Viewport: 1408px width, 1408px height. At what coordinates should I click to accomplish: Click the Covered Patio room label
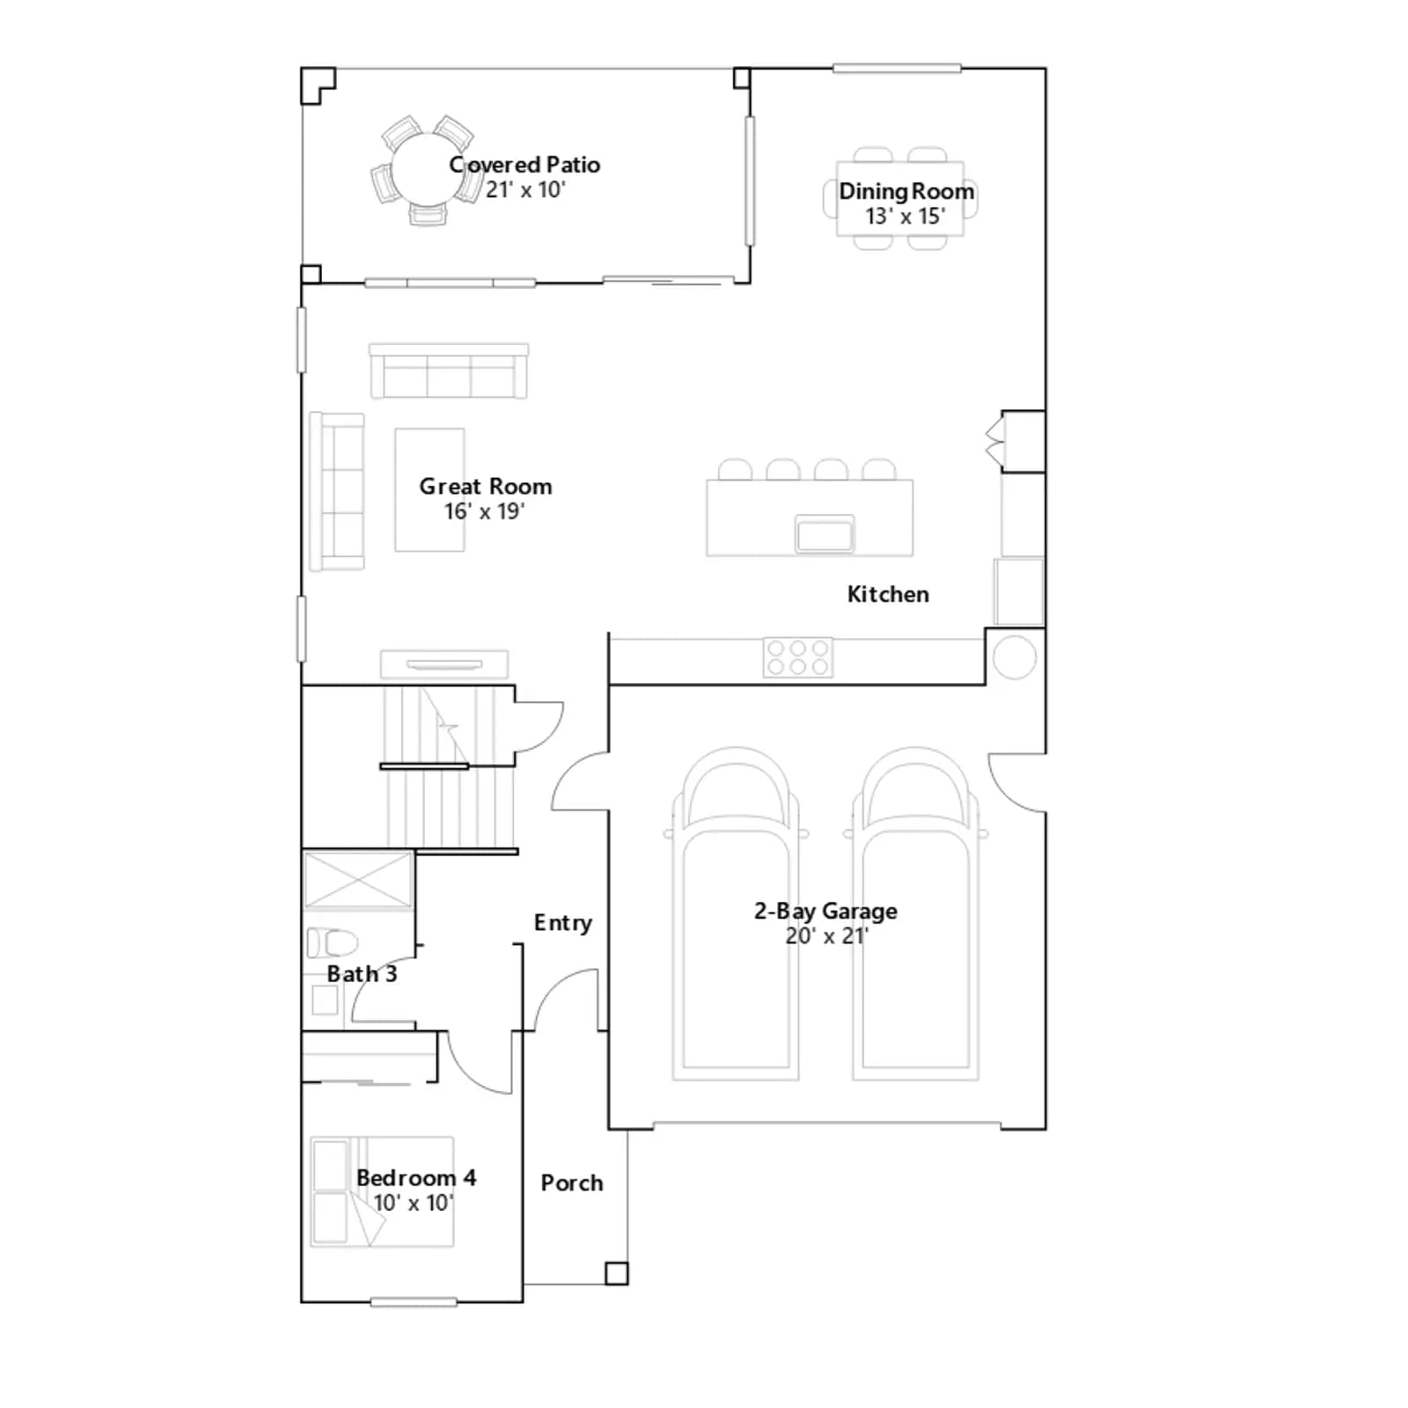pos(524,165)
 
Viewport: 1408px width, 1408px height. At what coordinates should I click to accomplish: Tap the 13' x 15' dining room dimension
pos(906,216)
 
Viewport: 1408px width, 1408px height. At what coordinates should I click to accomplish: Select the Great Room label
pos(486,486)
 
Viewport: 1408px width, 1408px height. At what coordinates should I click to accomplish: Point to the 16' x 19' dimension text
pos(485,511)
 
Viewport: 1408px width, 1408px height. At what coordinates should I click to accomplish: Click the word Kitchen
pos(888,594)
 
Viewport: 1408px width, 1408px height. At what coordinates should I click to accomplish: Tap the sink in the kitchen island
pos(825,534)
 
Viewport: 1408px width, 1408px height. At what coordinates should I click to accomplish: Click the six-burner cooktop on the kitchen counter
pos(798,657)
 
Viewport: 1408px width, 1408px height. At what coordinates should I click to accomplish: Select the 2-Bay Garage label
pos(825,911)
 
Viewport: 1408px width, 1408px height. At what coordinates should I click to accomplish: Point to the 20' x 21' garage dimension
pos(827,935)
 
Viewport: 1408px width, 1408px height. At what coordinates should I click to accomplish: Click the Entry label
pos(563,922)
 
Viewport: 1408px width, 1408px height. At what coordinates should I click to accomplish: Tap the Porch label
pos(572,1183)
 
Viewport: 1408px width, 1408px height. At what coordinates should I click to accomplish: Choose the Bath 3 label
pos(362,973)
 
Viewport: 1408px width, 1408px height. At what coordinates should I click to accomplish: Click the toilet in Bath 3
pos(332,942)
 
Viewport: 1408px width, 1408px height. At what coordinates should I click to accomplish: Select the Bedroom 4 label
pos(416,1177)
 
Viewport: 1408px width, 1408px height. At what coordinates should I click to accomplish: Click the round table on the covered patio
pos(428,170)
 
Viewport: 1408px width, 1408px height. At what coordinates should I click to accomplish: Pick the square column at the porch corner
pos(616,1273)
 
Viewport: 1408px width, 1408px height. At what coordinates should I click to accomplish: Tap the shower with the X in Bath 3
pos(358,879)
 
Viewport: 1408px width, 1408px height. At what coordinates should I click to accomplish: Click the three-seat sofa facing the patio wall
pos(449,371)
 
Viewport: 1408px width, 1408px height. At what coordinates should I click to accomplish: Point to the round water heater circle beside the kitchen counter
pos(1014,657)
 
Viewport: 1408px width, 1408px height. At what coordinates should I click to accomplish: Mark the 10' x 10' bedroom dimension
pos(413,1203)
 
